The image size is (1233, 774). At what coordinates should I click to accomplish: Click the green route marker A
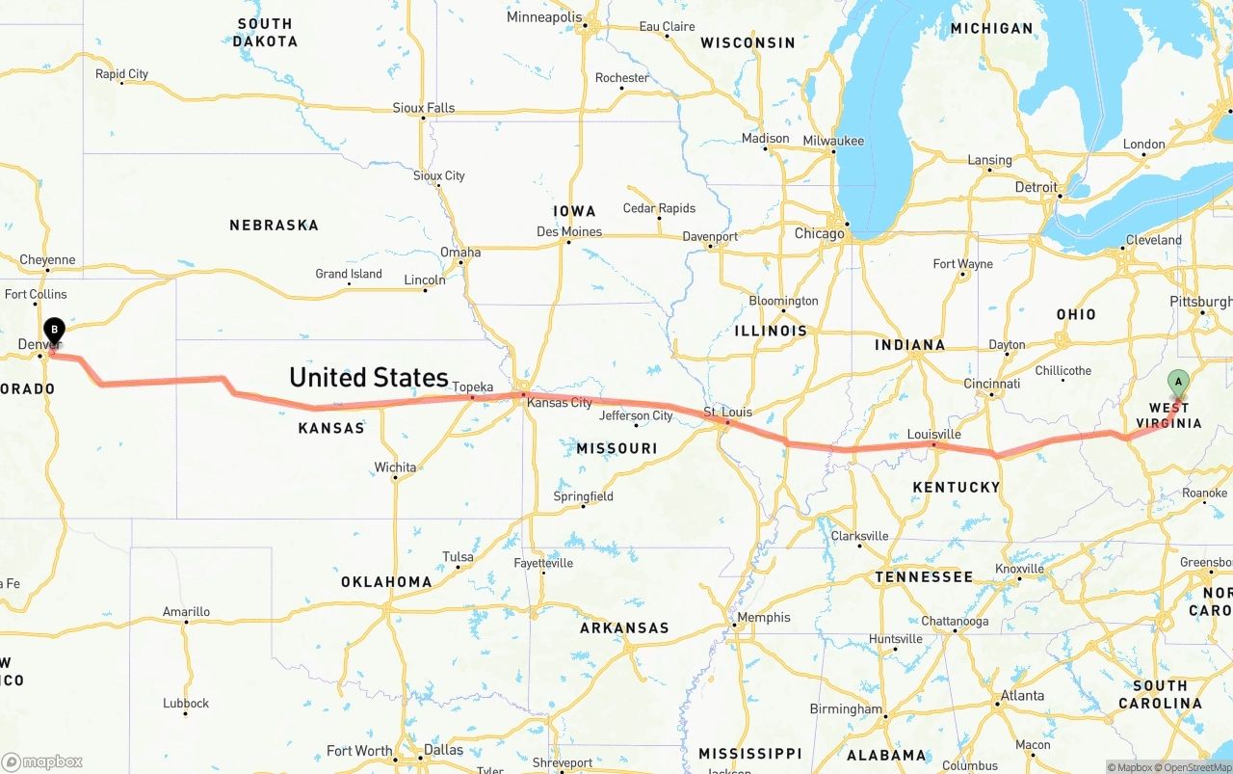(1177, 383)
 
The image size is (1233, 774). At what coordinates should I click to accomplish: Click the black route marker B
(55, 331)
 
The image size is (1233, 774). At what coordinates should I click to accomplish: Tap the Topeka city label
(473, 387)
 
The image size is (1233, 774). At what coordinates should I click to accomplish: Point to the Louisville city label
(934, 435)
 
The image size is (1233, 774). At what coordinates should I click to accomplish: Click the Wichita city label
(395, 467)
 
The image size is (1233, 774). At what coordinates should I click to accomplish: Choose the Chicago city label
(819, 233)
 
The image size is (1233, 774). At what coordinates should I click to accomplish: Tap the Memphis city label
(763, 618)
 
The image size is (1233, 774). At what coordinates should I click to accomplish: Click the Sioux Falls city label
(423, 108)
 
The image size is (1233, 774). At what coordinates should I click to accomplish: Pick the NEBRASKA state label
(274, 226)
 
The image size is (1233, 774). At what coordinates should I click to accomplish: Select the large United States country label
(369, 377)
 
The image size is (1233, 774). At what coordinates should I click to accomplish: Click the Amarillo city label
(186, 612)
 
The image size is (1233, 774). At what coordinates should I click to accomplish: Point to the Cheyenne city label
(47, 260)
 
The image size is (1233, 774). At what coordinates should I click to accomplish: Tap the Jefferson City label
(636, 416)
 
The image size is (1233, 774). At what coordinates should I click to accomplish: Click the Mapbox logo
(42, 761)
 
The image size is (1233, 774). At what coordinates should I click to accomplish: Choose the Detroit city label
(1036, 187)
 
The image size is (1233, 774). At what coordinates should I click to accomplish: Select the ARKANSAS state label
(624, 628)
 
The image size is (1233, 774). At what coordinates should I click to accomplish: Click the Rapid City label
(121, 74)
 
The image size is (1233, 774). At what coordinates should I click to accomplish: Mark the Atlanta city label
(1022, 696)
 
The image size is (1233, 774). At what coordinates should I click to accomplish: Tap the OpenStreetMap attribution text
(1194, 767)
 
